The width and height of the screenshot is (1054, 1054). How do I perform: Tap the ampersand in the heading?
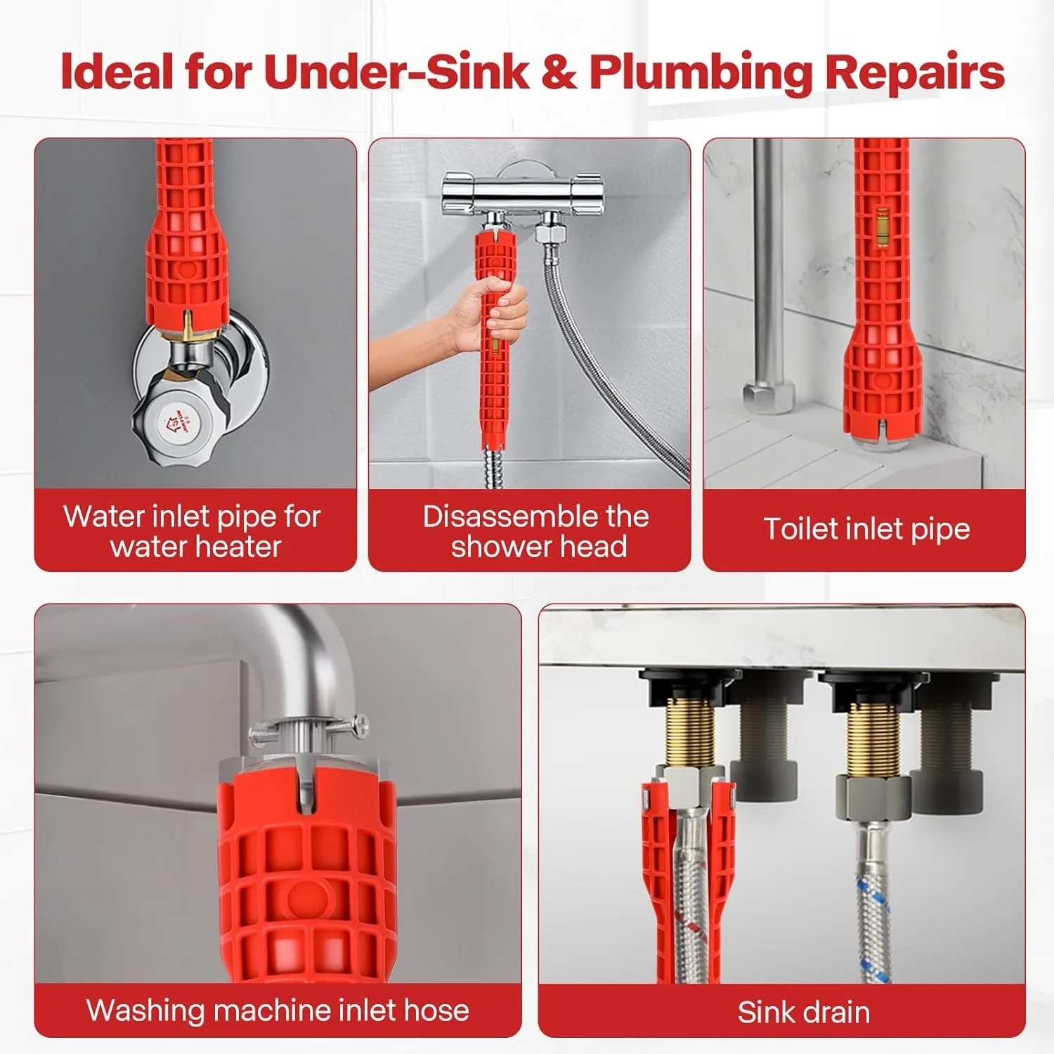pyautogui.click(x=559, y=72)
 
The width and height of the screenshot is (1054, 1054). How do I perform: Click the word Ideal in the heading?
pyautogui.click(x=116, y=72)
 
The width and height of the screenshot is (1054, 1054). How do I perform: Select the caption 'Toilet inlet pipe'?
pyautogui.click(x=866, y=528)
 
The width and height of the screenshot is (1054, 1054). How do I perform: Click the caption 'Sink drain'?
pyautogui.click(x=803, y=1013)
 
